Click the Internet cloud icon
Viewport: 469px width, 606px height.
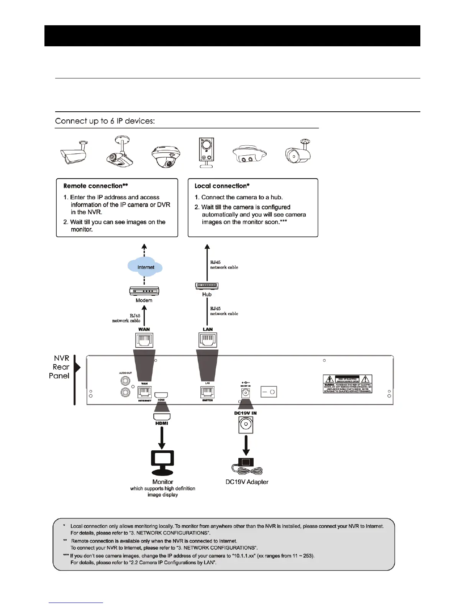pyautogui.click(x=145, y=267)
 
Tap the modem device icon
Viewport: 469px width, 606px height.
pyautogui.click(x=144, y=291)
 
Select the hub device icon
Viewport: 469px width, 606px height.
pyautogui.click(x=207, y=285)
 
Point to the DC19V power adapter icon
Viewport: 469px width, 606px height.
pyautogui.click(x=246, y=465)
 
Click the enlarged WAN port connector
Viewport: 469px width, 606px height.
pyautogui.click(x=144, y=340)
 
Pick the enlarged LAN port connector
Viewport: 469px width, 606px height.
pyautogui.click(x=208, y=340)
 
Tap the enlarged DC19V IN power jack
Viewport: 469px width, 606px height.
pyautogui.click(x=246, y=425)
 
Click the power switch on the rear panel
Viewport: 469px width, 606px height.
pyautogui.click(x=269, y=392)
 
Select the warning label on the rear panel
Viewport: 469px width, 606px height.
pyautogui.click(x=348, y=384)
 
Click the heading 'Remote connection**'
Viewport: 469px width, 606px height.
pyautogui.click(x=95, y=186)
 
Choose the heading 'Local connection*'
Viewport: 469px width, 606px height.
pyautogui.click(x=222, y=186)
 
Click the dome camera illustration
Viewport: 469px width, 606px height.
pyautogui.click(x=166, y=156)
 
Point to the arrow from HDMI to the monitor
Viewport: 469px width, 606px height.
pyautogui.click(x=162, y=438)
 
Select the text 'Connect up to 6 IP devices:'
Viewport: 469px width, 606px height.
pyautogui.click(x=105, y=121)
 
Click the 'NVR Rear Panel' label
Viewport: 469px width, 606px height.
pyautogui.click(x=60, y=367)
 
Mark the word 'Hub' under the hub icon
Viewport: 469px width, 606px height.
pyautogui.click(x=207, y=294)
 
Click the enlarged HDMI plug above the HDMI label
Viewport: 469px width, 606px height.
pyautogui.click(x=162, y=416)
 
